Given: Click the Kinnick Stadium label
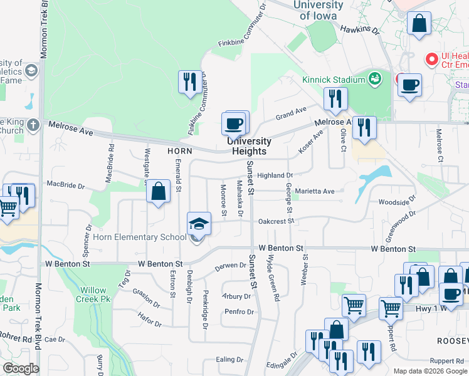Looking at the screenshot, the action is pos(333,80).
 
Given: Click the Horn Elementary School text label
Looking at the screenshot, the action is pos(140,237).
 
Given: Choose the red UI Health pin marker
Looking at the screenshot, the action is pos(431,59).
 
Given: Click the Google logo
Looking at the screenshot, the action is pos(21,368).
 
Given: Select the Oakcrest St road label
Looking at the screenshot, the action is pos(277,221).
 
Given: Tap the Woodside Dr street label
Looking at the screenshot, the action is pos(397,202).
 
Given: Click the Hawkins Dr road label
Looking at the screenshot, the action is pos(360,29).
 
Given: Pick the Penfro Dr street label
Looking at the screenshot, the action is pos(238,311).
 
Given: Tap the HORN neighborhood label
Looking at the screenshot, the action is pos(179,151).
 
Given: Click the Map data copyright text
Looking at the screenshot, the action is pos(429,371).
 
